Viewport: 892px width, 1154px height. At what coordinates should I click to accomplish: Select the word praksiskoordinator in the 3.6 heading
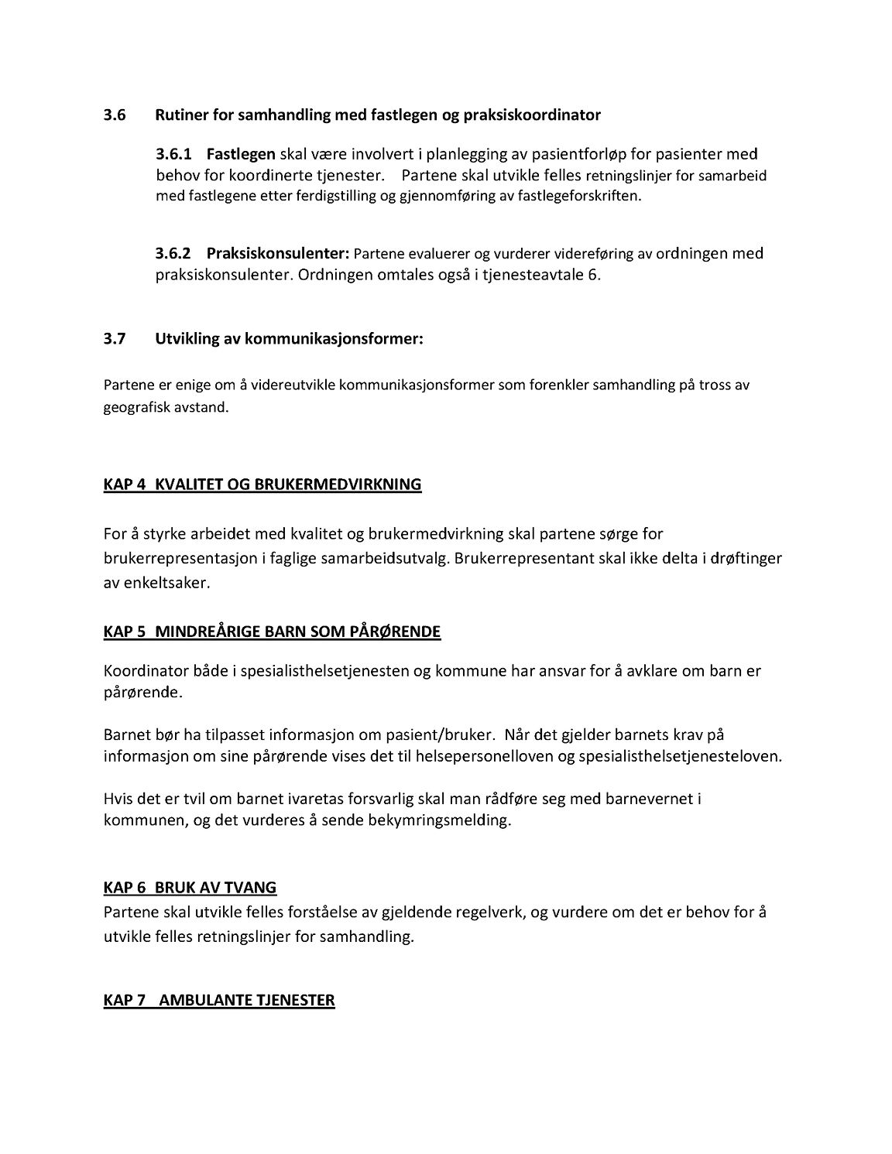[532, 115]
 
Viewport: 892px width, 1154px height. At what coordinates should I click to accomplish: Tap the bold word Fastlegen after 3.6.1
[241, 154]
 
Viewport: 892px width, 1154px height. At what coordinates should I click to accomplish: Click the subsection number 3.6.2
[173, 253]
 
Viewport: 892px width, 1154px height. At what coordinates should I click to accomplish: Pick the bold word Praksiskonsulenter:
[279, 253]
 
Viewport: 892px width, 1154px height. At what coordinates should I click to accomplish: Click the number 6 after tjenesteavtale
[595, 275]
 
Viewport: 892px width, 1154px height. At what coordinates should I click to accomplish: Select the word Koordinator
[142, 671]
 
